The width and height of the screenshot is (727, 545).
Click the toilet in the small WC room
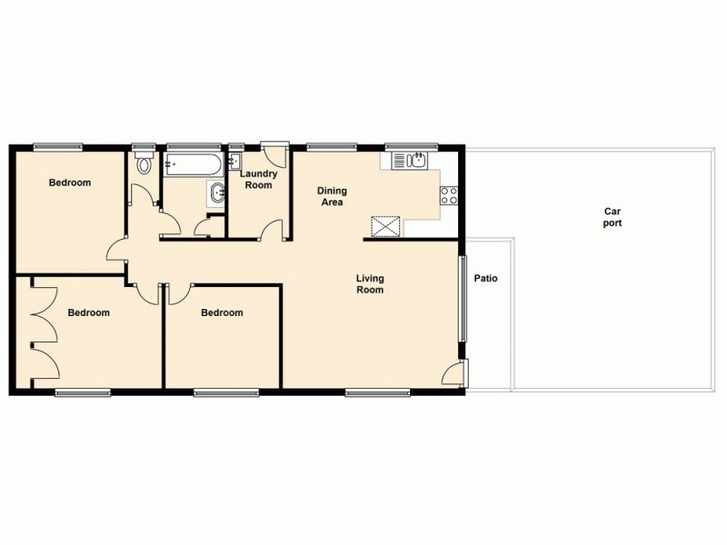click(142, 165)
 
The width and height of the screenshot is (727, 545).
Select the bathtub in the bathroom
click(192, 165)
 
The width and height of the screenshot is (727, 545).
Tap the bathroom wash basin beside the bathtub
click(216, 192)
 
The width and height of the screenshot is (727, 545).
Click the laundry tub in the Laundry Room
click(234, 163)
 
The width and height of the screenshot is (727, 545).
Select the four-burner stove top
click(448, 194)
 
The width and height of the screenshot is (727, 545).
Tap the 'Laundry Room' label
click(259, 179)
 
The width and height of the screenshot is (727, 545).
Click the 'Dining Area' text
click(331, 196)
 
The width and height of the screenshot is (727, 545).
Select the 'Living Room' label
click(370, 284)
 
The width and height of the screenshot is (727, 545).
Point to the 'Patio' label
click(485, 279)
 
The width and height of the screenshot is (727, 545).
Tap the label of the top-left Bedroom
click(70, 183)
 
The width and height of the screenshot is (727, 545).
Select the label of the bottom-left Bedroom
click(89, 312)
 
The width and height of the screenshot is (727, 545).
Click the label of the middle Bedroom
click(222, 312)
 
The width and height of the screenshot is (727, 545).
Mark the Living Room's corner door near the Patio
click(453, 372)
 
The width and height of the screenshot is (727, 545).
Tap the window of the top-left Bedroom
click(58, 145)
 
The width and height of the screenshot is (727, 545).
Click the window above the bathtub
click(193, 145)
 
